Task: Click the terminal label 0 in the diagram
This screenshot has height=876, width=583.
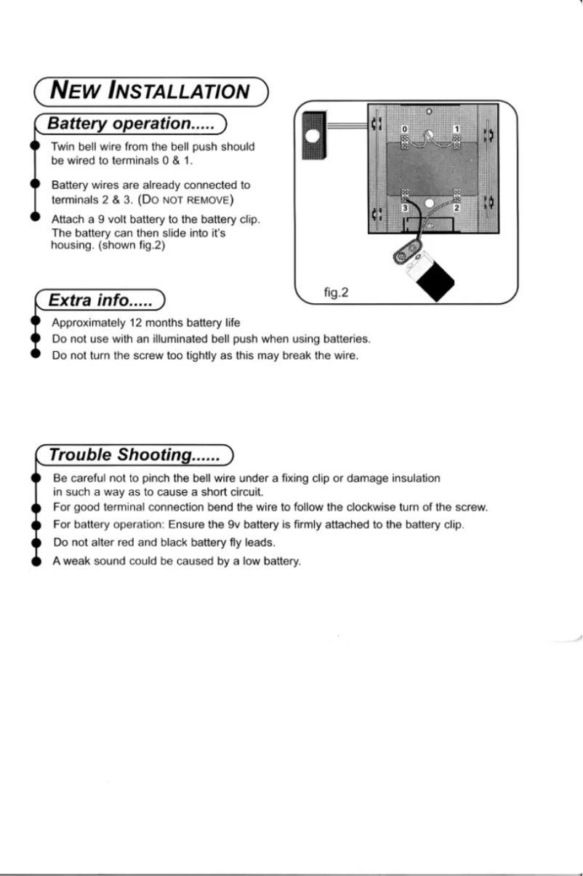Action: (406, 129)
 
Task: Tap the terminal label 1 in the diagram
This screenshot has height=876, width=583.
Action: (457, 129)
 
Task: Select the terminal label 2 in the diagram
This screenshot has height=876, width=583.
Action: (457, 208)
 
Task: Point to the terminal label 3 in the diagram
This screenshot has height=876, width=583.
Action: (406, 208)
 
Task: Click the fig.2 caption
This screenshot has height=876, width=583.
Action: (337, 293)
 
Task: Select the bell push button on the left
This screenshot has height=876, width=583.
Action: (313, 135)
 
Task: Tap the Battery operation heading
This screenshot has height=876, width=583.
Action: (130, 124)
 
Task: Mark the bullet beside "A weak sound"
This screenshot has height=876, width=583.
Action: (34, 562)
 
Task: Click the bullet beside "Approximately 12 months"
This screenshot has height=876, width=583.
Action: (34, 322)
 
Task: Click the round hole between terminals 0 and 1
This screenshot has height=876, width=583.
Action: (430, 135)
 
